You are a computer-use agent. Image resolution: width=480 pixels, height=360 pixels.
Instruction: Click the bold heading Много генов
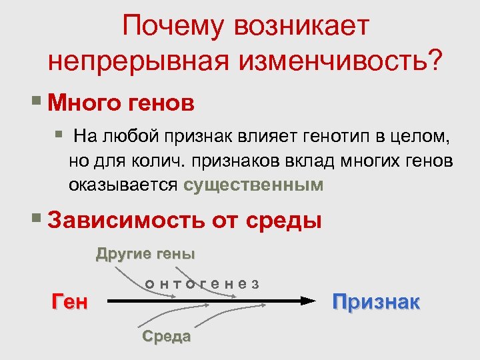(122, 103)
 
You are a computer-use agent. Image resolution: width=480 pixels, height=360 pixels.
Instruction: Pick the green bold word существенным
(253, 185)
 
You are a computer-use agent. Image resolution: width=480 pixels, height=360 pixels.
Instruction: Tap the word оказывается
(123, 185)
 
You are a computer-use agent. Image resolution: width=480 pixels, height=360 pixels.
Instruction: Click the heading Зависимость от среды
(185, 219)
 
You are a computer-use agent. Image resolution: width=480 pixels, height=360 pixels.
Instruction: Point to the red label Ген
(69, 302)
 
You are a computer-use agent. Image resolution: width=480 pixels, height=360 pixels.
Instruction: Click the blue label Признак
(376, 302)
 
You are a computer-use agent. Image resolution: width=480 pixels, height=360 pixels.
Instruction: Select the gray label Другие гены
(145, 254)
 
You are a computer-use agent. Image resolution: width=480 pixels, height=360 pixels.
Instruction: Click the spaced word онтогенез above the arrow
(202, 283)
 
